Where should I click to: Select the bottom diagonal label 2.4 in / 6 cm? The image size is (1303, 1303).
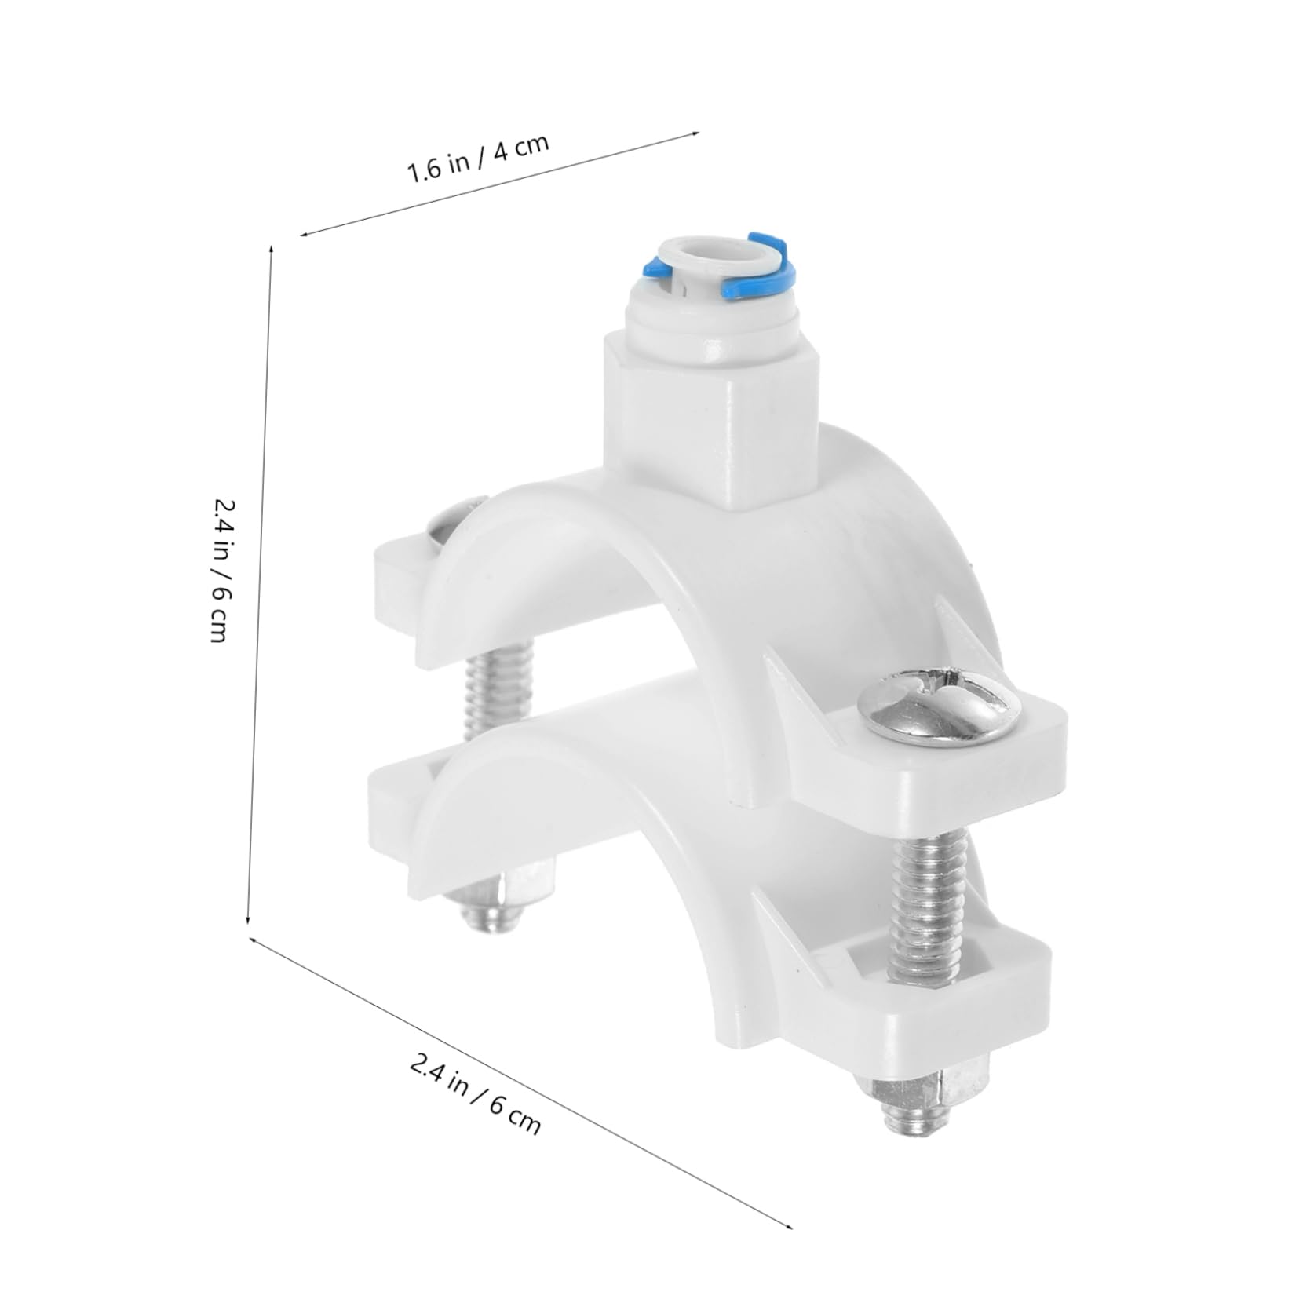click(475, 1095)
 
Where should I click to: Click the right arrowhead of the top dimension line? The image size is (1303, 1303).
click(695, 133)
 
